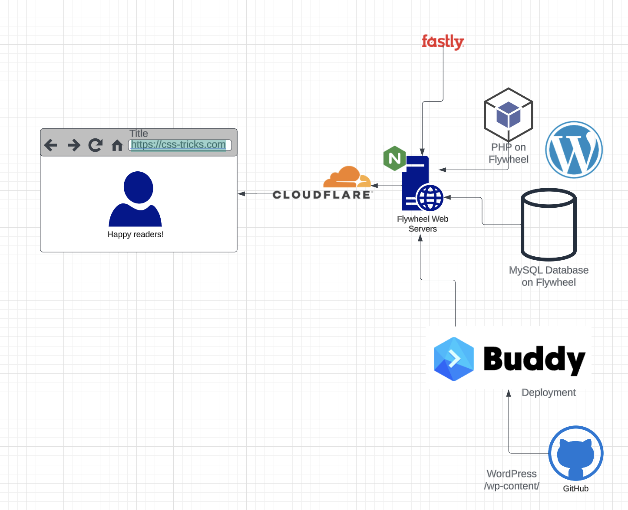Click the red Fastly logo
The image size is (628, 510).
(443, 42)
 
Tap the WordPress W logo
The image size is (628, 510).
(574, 150)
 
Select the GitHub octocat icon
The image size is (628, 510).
(575, 453)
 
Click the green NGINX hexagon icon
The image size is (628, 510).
(394, 158)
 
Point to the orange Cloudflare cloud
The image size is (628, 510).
(347, 177)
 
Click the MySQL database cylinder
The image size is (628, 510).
(549, 224)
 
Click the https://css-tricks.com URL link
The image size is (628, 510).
(178, 145)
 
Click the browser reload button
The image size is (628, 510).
(95, 145)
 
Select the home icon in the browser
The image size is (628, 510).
(117, 145)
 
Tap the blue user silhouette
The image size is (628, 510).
(136, 199)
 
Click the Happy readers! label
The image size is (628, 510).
(136, 235)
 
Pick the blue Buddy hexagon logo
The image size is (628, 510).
(454, 359)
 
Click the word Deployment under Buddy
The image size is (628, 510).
(549, 392)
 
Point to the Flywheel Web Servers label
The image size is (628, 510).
(423, 224)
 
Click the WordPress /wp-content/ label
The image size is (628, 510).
(512, 480)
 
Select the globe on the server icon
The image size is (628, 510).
(430, 198)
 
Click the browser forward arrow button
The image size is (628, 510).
(74, 145)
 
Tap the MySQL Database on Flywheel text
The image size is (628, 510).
(549, 276)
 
